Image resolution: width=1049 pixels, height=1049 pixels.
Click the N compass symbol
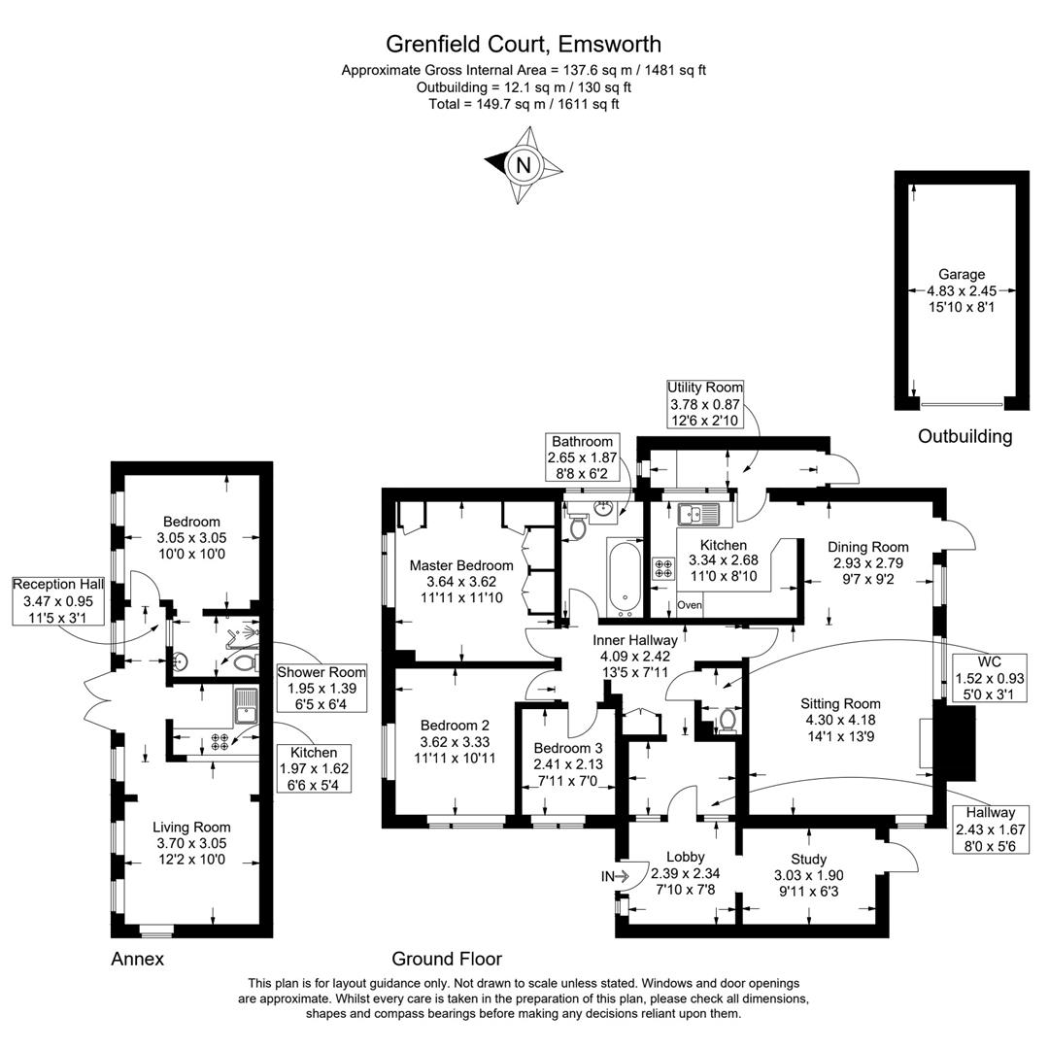[524, 165]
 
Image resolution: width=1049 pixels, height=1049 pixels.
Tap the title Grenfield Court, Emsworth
[524, 44]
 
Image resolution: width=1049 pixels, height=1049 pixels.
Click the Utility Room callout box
[705, 403]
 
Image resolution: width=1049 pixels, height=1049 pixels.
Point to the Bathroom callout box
[583, 457]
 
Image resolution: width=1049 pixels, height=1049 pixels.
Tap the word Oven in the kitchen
[689, 605]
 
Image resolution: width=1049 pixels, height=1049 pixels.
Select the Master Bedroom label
[461, 582]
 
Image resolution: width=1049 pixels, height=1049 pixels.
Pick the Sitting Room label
[840, 720]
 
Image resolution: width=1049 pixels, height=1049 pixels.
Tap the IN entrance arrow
[616, 876]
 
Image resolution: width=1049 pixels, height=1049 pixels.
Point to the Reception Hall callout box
[57, 600]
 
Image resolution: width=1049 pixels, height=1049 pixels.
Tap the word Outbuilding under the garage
[964, 436]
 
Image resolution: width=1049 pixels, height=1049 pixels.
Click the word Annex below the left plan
[137, 960]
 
